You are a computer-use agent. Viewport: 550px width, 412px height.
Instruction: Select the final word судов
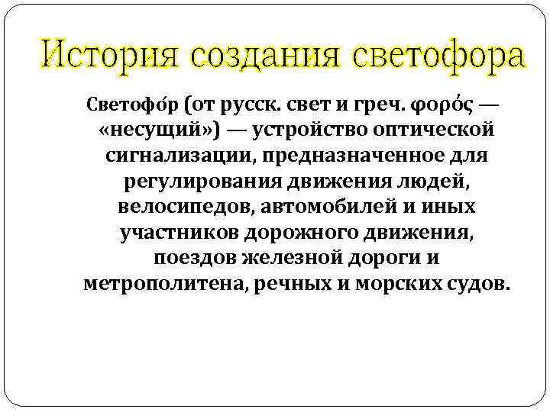[x=476, y=285]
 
